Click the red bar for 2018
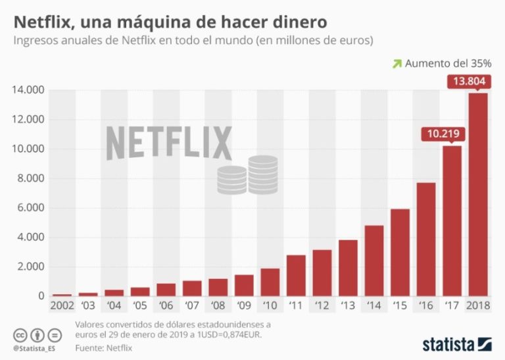[477, 194]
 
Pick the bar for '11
[296, 275]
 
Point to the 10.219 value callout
[443, 134]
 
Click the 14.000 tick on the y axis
[27, 90]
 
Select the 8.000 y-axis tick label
[30, 178]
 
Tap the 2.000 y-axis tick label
[30, 267]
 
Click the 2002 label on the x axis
[62, 305]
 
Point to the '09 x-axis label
[243, 305]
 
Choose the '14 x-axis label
[373, 305]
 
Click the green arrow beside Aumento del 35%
[397, 64]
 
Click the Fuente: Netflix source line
[105, 346]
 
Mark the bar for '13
[348, 268]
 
